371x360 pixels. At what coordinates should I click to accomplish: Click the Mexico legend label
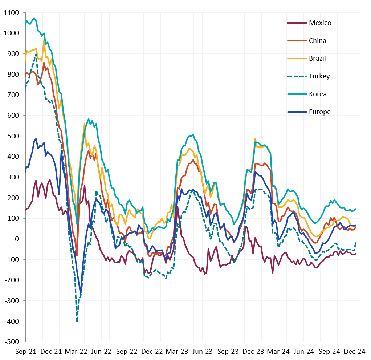pyautogui.click(x=320, y=23)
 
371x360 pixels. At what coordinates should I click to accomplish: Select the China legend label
pyautogui.click(x=317, y=41)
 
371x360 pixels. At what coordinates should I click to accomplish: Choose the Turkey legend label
pyautogui.click(x=319, y=76)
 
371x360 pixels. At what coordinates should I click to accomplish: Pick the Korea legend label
pyautogui.click(x=318, y=94)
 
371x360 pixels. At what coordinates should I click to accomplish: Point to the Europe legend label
pyautogui.click(x=319, y=112)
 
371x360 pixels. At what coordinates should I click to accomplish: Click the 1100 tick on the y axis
pyautogui.click(x=11, y=13)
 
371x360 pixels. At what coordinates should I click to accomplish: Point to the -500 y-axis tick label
pyautogui.click(x=12, y=342)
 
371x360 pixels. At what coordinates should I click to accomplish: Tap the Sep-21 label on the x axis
pyautogui.click(x=26, y=352)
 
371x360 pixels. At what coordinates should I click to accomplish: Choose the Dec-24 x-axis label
pyautogui.click(x=355, y=352)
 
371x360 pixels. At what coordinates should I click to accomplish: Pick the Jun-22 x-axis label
pyautogui.click(x=101, y=352)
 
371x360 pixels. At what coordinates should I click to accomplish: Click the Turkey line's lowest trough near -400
pyautogui.click(x=77, y=321)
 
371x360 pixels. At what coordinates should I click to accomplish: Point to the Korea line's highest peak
pyautogui.click(x=34, y=18)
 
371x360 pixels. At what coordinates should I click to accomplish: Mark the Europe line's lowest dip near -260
pyautogui.click(x=81, y=293)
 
